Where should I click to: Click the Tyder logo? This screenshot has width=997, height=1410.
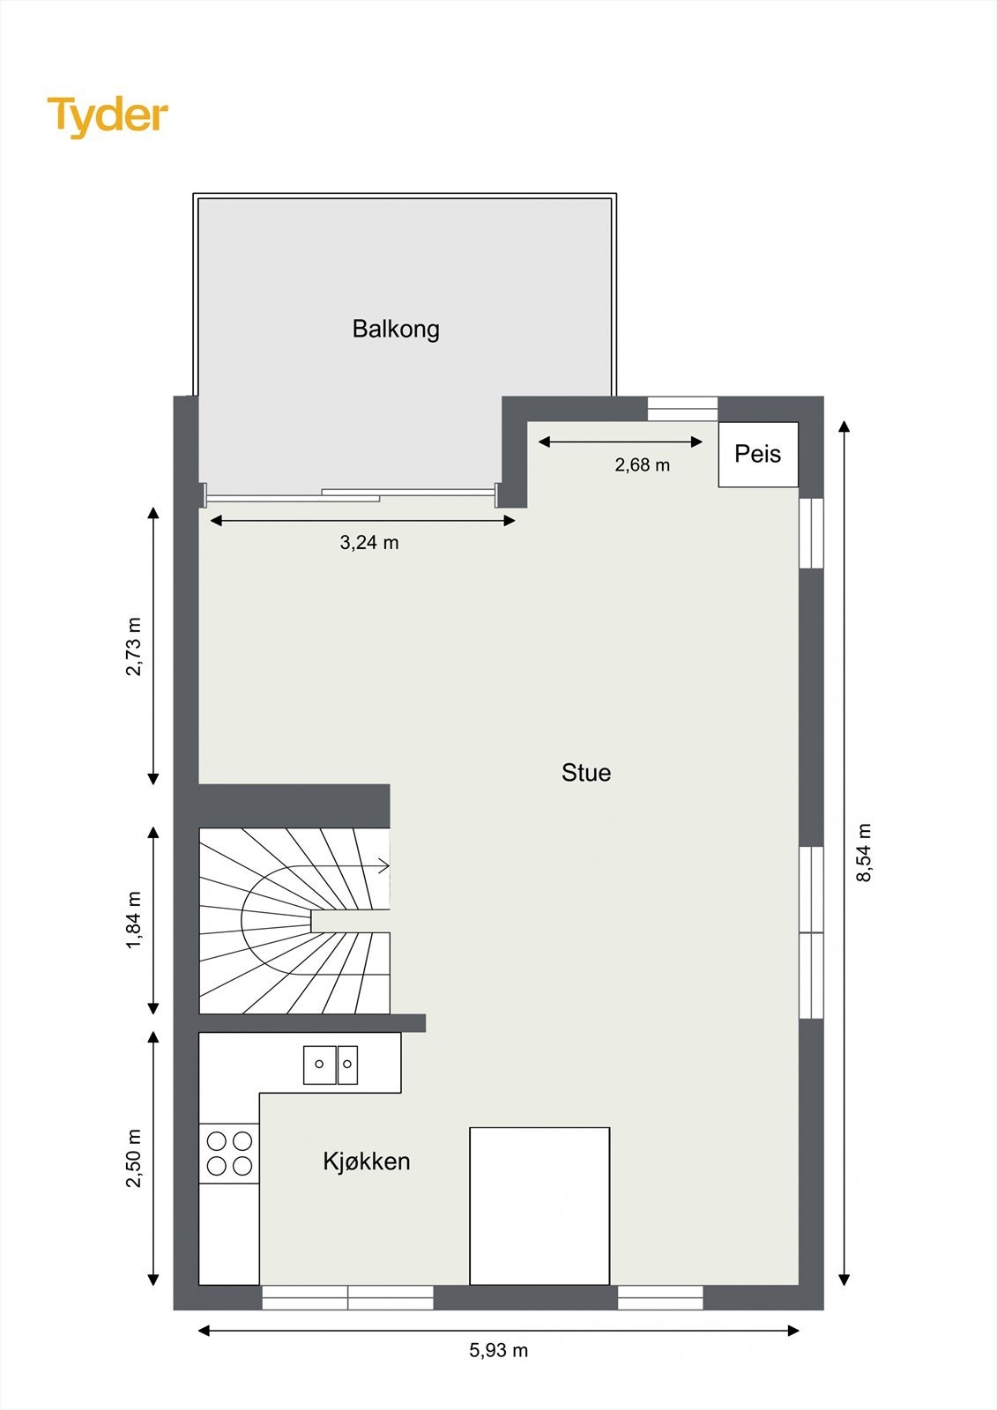point(108,116)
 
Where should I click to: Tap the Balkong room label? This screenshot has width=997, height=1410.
point(396,329)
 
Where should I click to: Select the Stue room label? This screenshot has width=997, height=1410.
point(586,773)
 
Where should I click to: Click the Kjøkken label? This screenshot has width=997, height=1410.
point(367,1161)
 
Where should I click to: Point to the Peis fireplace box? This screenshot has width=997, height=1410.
point(758,455)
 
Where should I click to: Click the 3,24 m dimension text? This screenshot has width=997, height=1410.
point(369,543)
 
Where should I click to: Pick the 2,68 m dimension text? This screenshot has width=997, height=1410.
point(643,464)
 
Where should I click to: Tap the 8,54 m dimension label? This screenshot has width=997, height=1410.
point(864,852)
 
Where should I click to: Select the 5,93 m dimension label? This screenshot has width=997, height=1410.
point(499,1350)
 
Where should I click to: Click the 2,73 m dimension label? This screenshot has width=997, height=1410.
point(134,646)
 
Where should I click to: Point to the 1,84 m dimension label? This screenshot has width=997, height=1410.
point(134,920)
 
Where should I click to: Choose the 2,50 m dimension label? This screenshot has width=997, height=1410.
point(134,1158)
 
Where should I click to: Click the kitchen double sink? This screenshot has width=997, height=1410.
point(331,1065)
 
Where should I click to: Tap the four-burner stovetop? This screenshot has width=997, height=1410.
point(229,1154)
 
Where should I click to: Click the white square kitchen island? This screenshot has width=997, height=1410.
point(539,1206)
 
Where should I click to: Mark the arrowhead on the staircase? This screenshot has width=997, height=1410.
point(383,866)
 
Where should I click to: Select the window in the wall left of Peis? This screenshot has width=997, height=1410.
point(683,409)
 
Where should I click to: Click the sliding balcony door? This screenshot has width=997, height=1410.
point(351,495)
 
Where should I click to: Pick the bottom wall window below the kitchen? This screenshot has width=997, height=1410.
point(348,1297)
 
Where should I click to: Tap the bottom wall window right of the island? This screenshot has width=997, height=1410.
point(660,1297)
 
